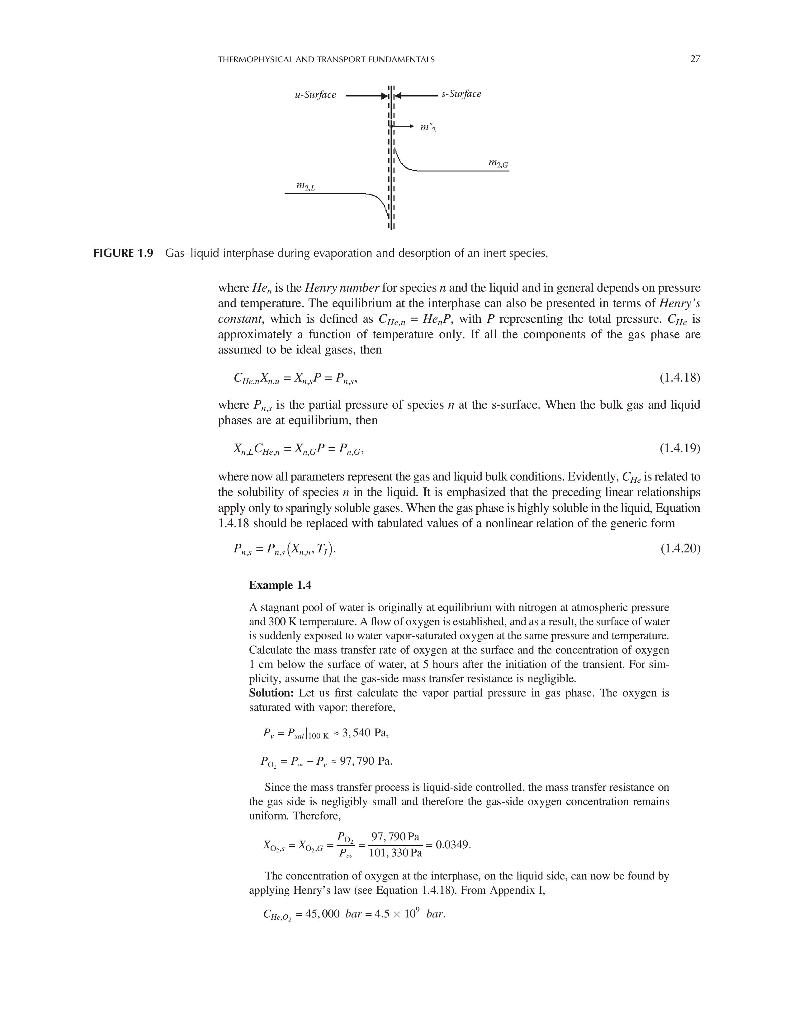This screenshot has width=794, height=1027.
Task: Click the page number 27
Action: click(x=695, y=59)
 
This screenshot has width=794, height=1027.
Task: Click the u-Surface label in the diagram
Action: click(x=315, y=95)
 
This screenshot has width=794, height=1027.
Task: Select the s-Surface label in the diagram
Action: click(x=461, y=94)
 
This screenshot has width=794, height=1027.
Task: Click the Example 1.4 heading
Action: click(x=280, y=585)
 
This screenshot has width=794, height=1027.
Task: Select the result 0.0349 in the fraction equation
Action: click(x=452, y=845)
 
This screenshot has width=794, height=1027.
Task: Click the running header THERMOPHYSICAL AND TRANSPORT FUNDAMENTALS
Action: click(x=326, y=60)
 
